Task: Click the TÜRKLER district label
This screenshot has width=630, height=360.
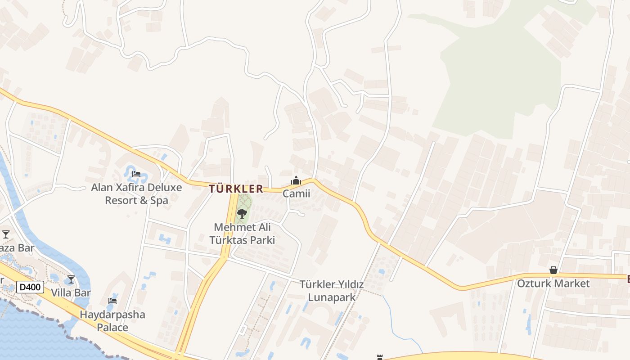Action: point(236,189)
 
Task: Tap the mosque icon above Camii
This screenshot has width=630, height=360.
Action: point(296,181)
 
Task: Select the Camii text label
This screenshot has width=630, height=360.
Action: point(296,193)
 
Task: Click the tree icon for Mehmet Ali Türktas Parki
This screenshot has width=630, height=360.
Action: point(242,213)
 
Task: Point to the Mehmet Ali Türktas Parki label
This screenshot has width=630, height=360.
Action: point(242,234)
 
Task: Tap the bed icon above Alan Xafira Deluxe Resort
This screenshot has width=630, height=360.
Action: point(136,174)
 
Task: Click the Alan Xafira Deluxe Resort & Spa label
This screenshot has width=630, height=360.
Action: point(136,194)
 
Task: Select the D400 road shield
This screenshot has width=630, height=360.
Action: point(30,287)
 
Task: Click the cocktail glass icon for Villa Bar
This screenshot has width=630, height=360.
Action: point(71,279)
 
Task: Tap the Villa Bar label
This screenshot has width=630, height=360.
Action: point(71,293)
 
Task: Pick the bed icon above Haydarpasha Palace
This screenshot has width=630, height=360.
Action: point(112,301)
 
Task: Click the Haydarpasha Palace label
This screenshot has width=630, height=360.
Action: point(112,321)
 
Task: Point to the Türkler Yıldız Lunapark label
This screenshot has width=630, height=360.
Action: point(332,291)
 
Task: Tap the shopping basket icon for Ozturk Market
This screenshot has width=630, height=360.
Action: point(553,270)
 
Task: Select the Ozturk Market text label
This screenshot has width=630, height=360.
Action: point(553,283)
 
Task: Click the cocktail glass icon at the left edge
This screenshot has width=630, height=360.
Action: point(6,234)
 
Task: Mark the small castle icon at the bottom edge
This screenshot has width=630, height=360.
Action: point(380,357)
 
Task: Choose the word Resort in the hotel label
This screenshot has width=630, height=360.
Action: point(120,200)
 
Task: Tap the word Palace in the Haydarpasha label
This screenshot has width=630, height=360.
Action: point(112,327)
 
